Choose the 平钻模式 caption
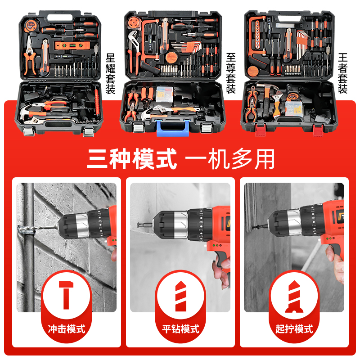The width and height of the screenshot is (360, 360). pyautogui.click(x=180, y=328)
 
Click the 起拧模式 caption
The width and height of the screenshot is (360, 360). pyautogui.click(x=294, y=328)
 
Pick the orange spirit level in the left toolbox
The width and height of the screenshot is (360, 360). pyautogui.click(x=67, y=45)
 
